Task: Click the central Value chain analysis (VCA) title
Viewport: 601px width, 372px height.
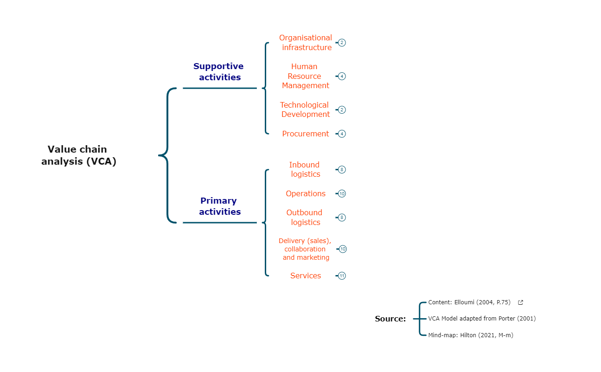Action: click(x=79, y=155)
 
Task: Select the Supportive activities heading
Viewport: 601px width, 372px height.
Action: click(x=219, y=72)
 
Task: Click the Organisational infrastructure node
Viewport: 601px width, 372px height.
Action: click(x=306, y=43)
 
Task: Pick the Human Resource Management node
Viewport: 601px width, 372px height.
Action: click(x=305, y=76)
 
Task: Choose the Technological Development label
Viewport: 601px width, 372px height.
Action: click(x=305, y=109)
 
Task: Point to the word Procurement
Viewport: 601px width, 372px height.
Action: click(x=305, y=134)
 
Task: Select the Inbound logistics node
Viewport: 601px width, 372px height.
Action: click(x=305, y=169)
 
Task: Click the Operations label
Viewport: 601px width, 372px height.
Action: click(x=305, y=193)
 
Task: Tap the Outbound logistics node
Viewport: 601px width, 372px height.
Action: click(x=305, y=217)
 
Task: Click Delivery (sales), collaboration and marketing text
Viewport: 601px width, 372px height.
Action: click(x=305, y=249)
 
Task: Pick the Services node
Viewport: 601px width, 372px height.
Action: click(x=305, y=276)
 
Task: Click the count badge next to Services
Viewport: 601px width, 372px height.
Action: click(x=342, y=276)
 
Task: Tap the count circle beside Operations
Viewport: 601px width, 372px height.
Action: click(x=342, y=193)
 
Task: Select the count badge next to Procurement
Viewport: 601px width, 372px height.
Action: click(x=342, y=134)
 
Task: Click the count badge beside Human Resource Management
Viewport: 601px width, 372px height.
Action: click(x=342, y=76)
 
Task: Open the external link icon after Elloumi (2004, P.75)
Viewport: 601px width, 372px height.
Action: click(x=520, y=302)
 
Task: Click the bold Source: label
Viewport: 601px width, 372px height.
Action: click(x=390, y=319)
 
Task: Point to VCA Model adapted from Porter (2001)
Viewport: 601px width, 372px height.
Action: click(x=482, y=319)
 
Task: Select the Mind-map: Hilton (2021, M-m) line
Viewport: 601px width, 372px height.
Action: click(x=470, y=335)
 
